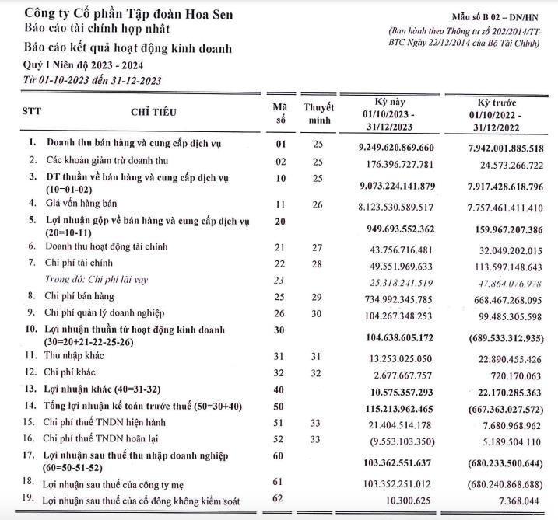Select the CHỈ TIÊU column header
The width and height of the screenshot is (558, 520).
(x=154, y=112)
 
